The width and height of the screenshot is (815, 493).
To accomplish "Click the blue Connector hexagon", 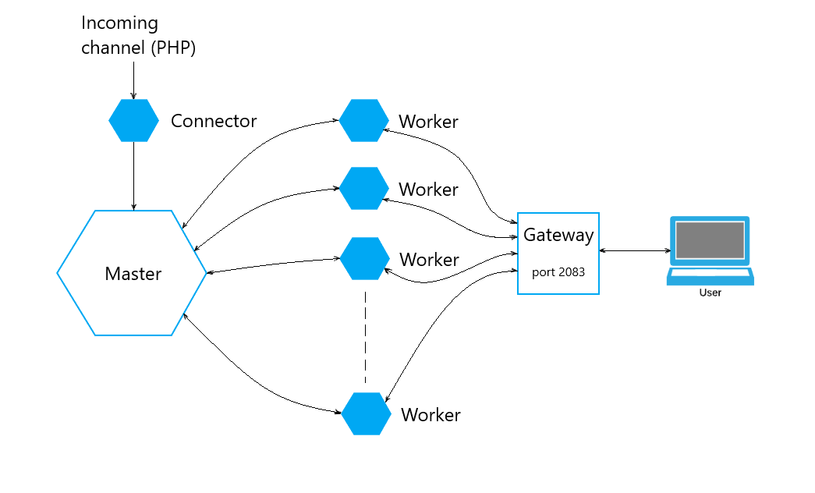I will pyautogui.click(x=133, y=120).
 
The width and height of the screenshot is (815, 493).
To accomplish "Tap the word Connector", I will pyautogui.click(x=214, y=121).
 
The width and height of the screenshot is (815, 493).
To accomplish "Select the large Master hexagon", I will pyautogui.click(x=132, y=273).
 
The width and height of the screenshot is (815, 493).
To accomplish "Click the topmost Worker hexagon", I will pyautogui.click(x=363, y=120).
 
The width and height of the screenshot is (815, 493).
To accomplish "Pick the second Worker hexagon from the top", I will pyautogui.click(x=363, y=188).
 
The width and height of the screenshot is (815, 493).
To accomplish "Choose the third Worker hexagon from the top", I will pyautogui.click(x=365, y=258).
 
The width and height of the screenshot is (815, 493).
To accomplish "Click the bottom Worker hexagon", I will pyautogui.click(x=366, y=413).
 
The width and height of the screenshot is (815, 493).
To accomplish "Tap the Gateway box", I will pyautogui.click(x=558, y=253).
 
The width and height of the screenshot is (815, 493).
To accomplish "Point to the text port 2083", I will pyautogui.click(x=558, y=272).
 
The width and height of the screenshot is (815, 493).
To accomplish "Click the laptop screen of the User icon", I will pyautogui.click(x=709, y=240).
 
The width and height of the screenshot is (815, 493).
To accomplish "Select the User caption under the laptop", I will pyautogui.click(x=710, y=293).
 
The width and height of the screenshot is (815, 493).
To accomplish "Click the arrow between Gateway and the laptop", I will pyautogui.click(x=635, y=250).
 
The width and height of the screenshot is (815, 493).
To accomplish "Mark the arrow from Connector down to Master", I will pyautogui.click(x=133, y=176).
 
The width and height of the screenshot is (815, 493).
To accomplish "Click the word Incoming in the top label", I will pyautogui.click(x=119, y=23).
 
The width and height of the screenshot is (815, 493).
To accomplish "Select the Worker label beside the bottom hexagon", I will pyautogui.click(x=431, y=415).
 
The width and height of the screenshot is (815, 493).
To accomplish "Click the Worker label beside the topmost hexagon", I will pyautogui.click(x=428, y=122).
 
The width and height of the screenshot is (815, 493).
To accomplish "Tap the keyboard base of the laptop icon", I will pyautogui.click(x=710, y=275).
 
